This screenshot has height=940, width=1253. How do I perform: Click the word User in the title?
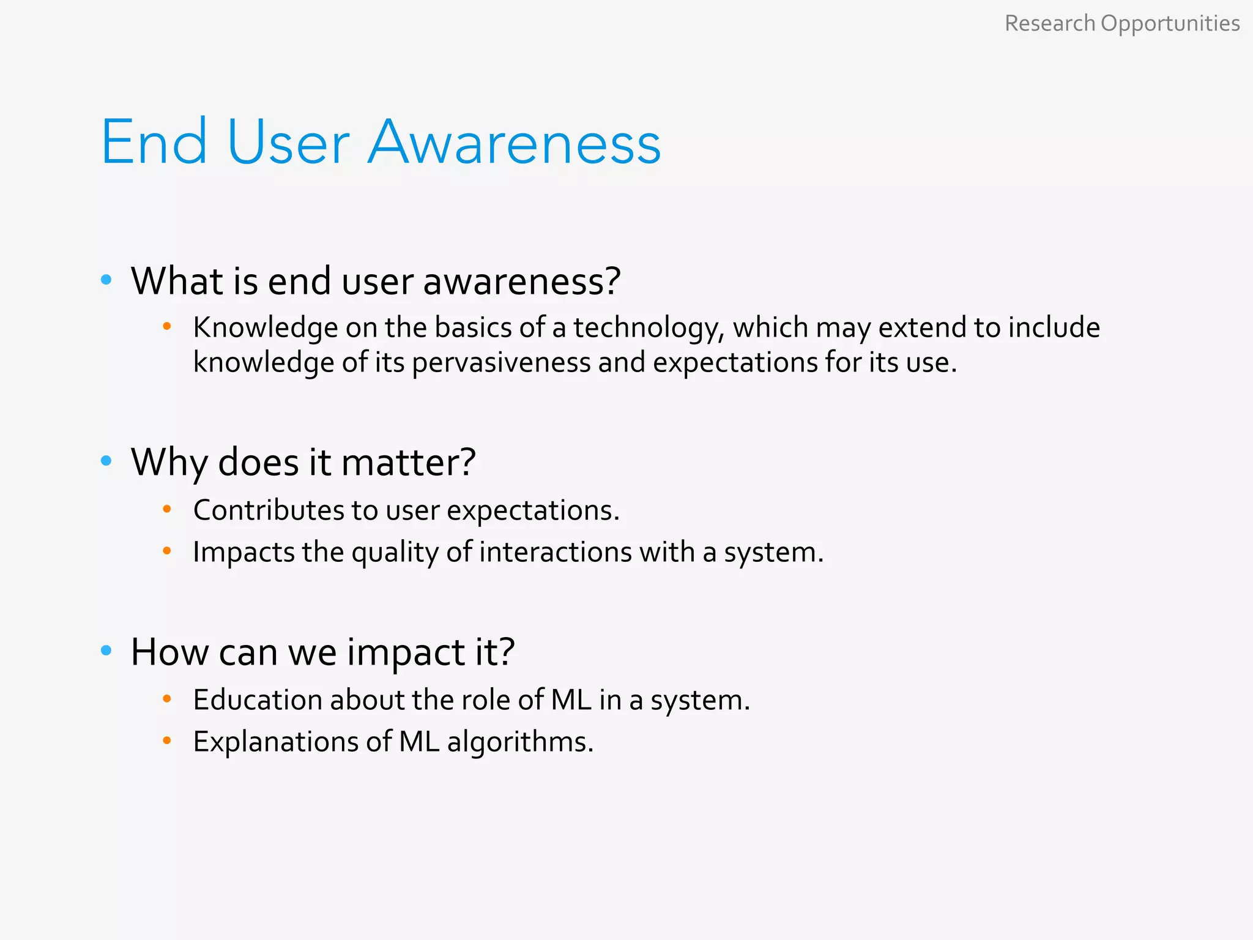pos(288,143)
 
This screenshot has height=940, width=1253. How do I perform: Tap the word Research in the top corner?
pos(1049,24)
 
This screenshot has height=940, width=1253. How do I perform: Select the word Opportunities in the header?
pos(1170,24)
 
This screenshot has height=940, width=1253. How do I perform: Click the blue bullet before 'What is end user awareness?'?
pos(106,280)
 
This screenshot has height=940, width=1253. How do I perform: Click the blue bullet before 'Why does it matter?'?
pos(106,461)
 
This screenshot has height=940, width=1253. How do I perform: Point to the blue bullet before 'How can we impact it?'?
pos(106,651)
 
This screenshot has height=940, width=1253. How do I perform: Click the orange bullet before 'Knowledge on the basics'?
pos(167,326)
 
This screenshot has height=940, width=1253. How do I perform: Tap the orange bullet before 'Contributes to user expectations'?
pos(167,509)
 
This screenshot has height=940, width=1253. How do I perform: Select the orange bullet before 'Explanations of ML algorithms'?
pos(167,740)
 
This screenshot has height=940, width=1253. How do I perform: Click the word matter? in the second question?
pos(408,462)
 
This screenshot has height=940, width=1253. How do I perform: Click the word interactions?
pos(555,552)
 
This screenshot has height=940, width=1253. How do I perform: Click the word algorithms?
pos(520,742)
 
